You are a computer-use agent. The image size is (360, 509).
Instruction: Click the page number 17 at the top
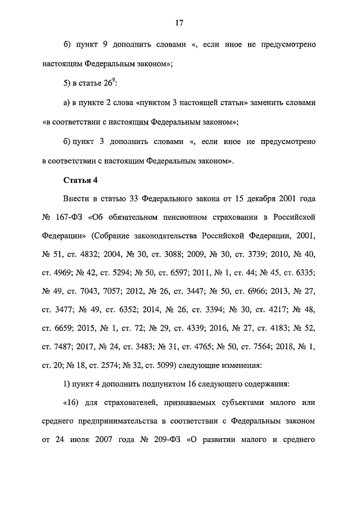(179, 23)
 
